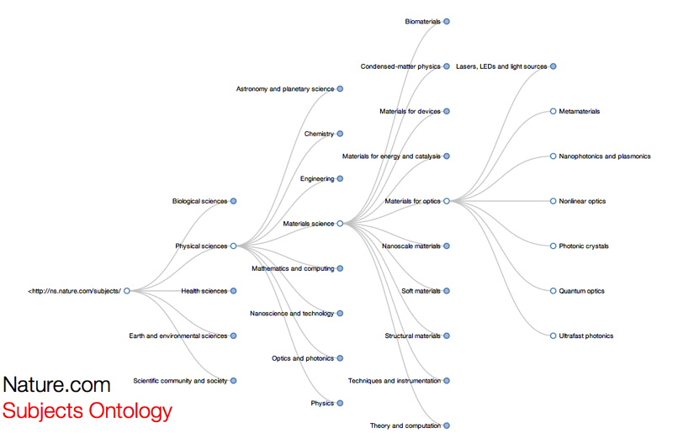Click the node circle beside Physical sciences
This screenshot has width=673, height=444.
pos(233,246)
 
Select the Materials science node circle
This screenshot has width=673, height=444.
pos(340,224)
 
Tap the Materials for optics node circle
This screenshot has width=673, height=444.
pos(447,201)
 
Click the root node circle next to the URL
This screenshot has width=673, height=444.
pos(126,291)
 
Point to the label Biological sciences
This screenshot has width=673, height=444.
pos(199,201)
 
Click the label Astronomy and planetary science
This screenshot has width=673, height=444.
pos(285,88)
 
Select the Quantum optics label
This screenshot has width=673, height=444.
pos(582,291)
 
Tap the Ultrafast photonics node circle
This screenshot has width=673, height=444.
pos(553,336)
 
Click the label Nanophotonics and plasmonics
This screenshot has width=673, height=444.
pos(604,156)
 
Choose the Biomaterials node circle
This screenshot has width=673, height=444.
pos(447,21)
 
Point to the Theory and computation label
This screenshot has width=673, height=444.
pos(405,425)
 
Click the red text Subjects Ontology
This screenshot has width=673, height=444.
pos(87,411)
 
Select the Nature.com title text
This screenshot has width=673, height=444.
pos(56,385)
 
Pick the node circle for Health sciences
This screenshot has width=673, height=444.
pos(233,291)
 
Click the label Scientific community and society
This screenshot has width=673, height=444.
pos(180,381)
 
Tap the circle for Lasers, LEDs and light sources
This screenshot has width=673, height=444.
pos(553,66)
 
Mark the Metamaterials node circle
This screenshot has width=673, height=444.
pos(553,111)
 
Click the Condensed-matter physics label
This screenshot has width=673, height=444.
pos(400,66)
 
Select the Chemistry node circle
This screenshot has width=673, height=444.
pos(340,134)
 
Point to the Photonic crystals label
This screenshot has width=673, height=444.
pos(584,246)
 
